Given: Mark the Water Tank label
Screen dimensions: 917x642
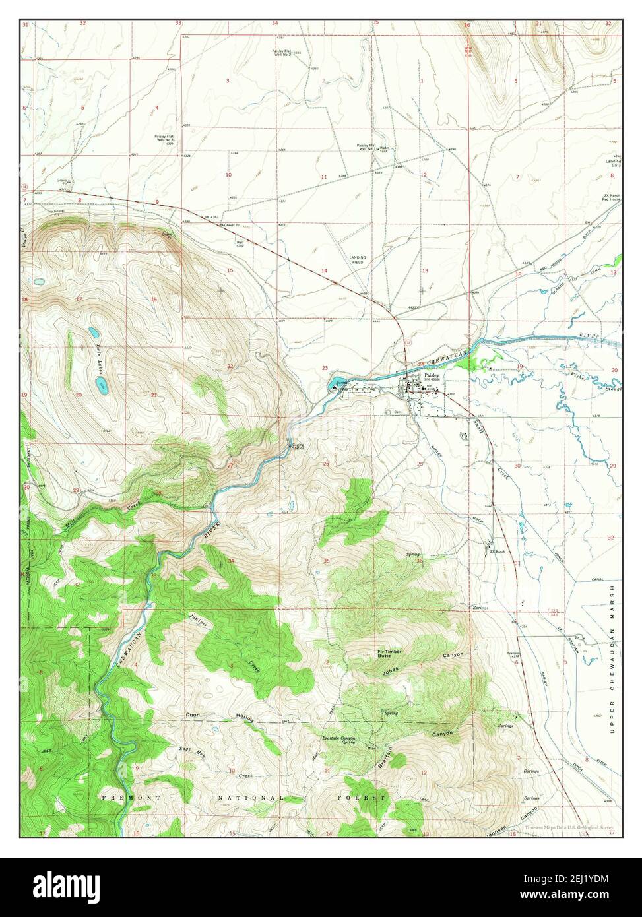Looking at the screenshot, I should [x=384, y=149].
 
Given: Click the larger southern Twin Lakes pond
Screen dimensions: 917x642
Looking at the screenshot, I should [x=101, y=383].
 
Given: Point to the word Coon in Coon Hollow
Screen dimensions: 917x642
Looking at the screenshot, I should [x=193, y=715].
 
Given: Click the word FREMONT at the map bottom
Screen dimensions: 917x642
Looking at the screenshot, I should [x=122, y=798].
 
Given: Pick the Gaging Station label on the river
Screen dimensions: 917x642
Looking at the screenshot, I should [x=299, y=447].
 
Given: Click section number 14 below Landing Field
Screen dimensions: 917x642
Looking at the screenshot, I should [x=324, y=271].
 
